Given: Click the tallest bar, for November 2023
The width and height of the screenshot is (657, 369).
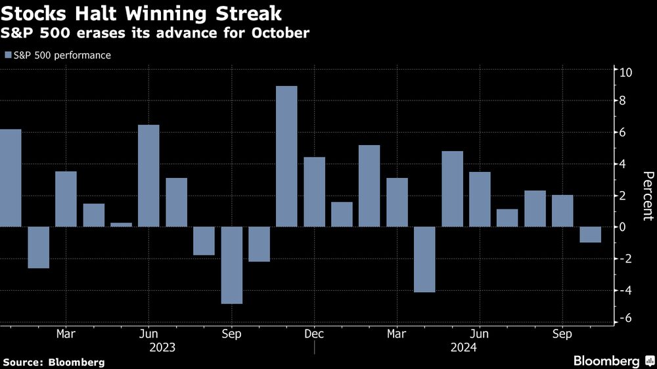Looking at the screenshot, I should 286,156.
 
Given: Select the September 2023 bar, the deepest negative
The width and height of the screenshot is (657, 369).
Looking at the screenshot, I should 231,265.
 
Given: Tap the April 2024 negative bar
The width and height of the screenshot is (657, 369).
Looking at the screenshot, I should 424,259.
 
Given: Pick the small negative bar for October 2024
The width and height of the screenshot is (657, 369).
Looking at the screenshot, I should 590,234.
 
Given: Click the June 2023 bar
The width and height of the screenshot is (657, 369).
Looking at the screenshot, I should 148,176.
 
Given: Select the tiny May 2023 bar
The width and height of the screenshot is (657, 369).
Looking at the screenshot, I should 121,225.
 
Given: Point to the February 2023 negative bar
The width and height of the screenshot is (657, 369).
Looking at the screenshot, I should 38,248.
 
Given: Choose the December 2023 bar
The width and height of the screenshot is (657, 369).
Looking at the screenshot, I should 314,192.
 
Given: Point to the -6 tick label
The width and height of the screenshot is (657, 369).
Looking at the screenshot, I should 626,318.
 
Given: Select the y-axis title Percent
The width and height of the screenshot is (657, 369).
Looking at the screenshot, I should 647,196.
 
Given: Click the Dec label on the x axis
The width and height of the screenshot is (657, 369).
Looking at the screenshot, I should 314,334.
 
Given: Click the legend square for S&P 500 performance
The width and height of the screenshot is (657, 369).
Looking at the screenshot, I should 8,55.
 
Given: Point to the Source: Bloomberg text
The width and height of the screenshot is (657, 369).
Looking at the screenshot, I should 54,362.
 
